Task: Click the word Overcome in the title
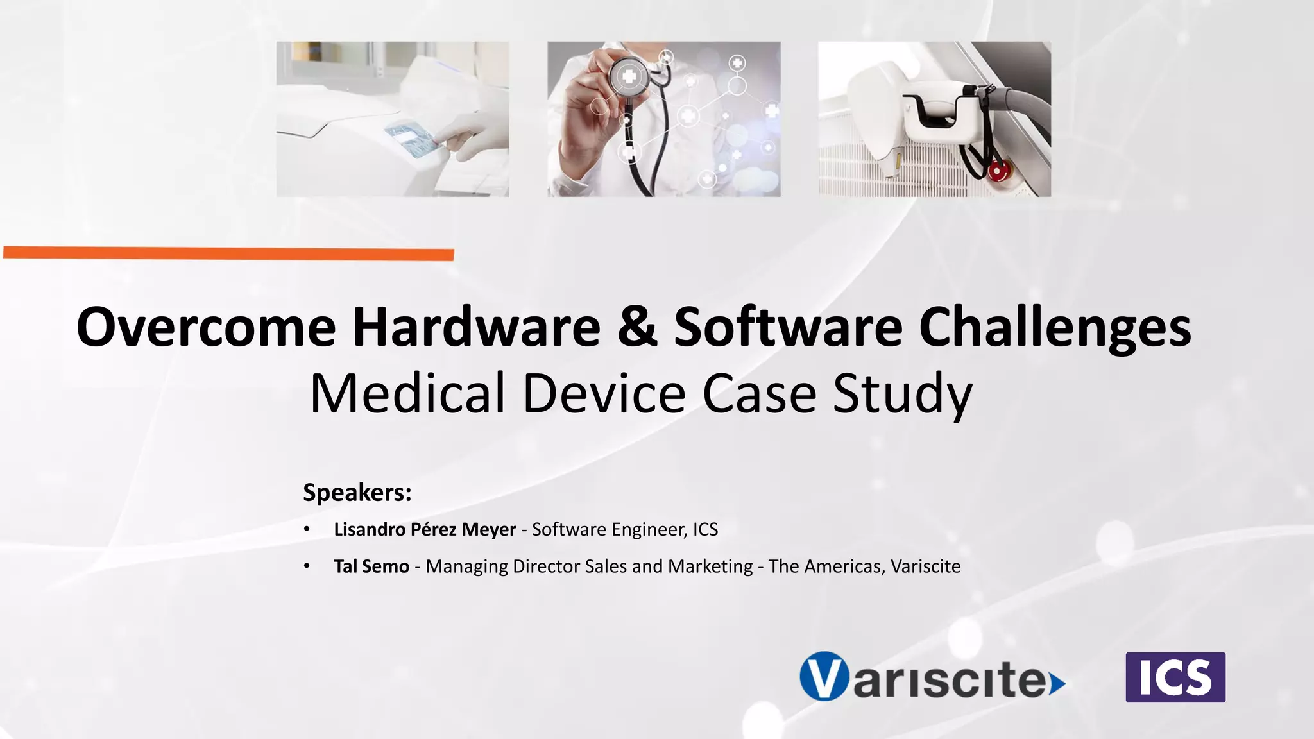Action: coord(206,328)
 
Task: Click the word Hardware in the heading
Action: coord(476,328)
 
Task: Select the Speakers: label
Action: coord(357,493)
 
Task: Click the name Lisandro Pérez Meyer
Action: coord(425,529)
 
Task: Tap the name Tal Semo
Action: coord(371,566)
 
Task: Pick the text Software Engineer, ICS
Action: coord(625,529)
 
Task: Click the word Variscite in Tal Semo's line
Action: coord(925,566)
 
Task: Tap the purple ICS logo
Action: coord(1175,677)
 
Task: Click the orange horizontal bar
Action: coord(228,254)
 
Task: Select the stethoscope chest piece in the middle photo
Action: coord(628,78)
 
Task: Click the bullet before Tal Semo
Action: coord(307,566)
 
